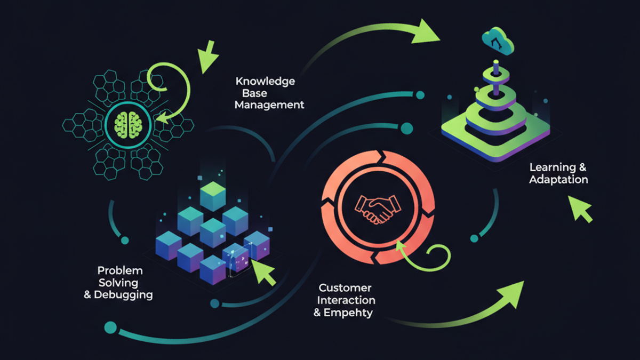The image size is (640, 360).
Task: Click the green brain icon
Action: click(128, 125)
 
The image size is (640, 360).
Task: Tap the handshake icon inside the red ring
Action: click(378, 209)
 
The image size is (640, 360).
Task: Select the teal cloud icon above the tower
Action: click(498, 41)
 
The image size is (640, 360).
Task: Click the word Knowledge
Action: click(265, 82)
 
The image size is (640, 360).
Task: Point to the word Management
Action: click(269, 105)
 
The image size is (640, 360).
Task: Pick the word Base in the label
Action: click(254, 93)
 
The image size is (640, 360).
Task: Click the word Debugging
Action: click(123, 295)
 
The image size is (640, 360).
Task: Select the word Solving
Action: click(118, 283)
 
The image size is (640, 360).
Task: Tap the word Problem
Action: click(120, 270)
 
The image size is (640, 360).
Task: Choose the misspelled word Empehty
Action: click(348, 313)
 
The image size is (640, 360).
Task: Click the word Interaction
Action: click(346, 300)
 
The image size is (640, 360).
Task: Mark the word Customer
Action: click(345, 288)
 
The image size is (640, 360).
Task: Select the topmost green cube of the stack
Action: click(213, 196)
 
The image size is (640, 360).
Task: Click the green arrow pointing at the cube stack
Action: click(263, 273)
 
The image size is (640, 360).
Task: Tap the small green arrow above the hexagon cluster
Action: click(207, 57)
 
